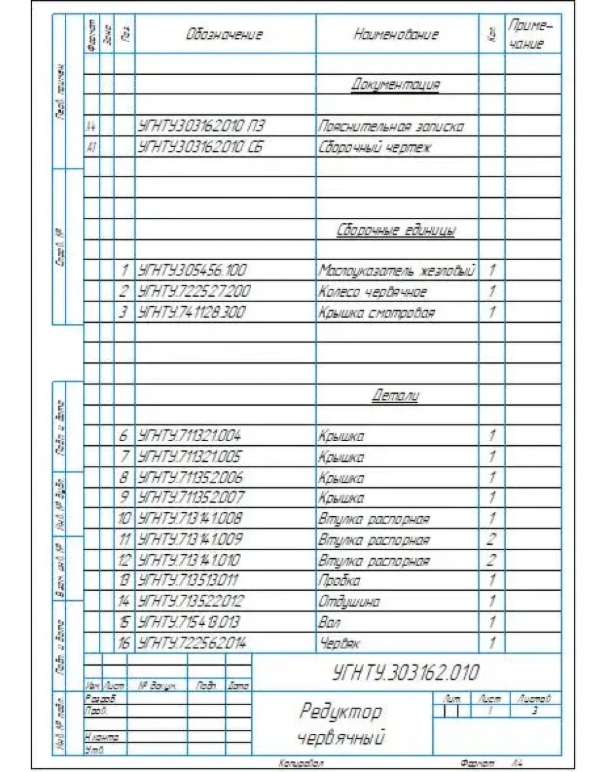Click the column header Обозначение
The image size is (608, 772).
coord(224,35)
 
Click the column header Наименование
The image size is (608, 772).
coord(396,35)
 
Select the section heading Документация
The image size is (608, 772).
coord(396,84)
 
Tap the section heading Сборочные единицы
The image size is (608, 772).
coord(396,231)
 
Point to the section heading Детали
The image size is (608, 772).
coord(396,396)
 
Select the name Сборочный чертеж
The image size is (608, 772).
coord(374,147)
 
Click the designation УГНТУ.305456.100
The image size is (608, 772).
coord(192,271)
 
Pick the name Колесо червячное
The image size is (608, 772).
coord(372,291)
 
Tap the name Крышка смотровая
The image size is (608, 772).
coord(376,312)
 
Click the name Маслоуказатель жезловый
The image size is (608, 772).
coord(397,271)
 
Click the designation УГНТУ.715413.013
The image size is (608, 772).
coord(189,622)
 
